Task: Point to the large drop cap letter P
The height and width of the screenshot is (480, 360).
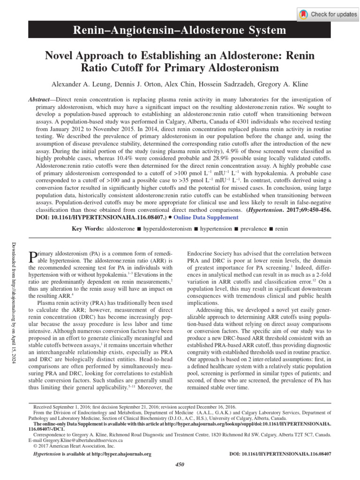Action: coord(32,257)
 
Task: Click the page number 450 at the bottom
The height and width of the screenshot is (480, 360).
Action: coord(180,464)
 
